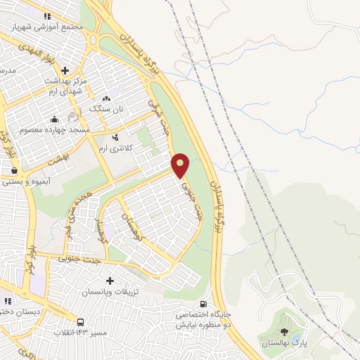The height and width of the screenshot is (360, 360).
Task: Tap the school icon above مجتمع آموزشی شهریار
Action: (47, 15)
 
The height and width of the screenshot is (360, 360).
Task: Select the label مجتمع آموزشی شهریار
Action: (48, 26)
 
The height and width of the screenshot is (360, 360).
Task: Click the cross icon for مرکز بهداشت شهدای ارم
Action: (65, 70)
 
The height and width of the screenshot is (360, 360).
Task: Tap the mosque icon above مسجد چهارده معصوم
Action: (55, 119)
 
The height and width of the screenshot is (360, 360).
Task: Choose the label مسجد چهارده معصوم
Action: (53, 129)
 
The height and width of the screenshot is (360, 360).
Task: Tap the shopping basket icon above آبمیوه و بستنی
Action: (13, 170)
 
